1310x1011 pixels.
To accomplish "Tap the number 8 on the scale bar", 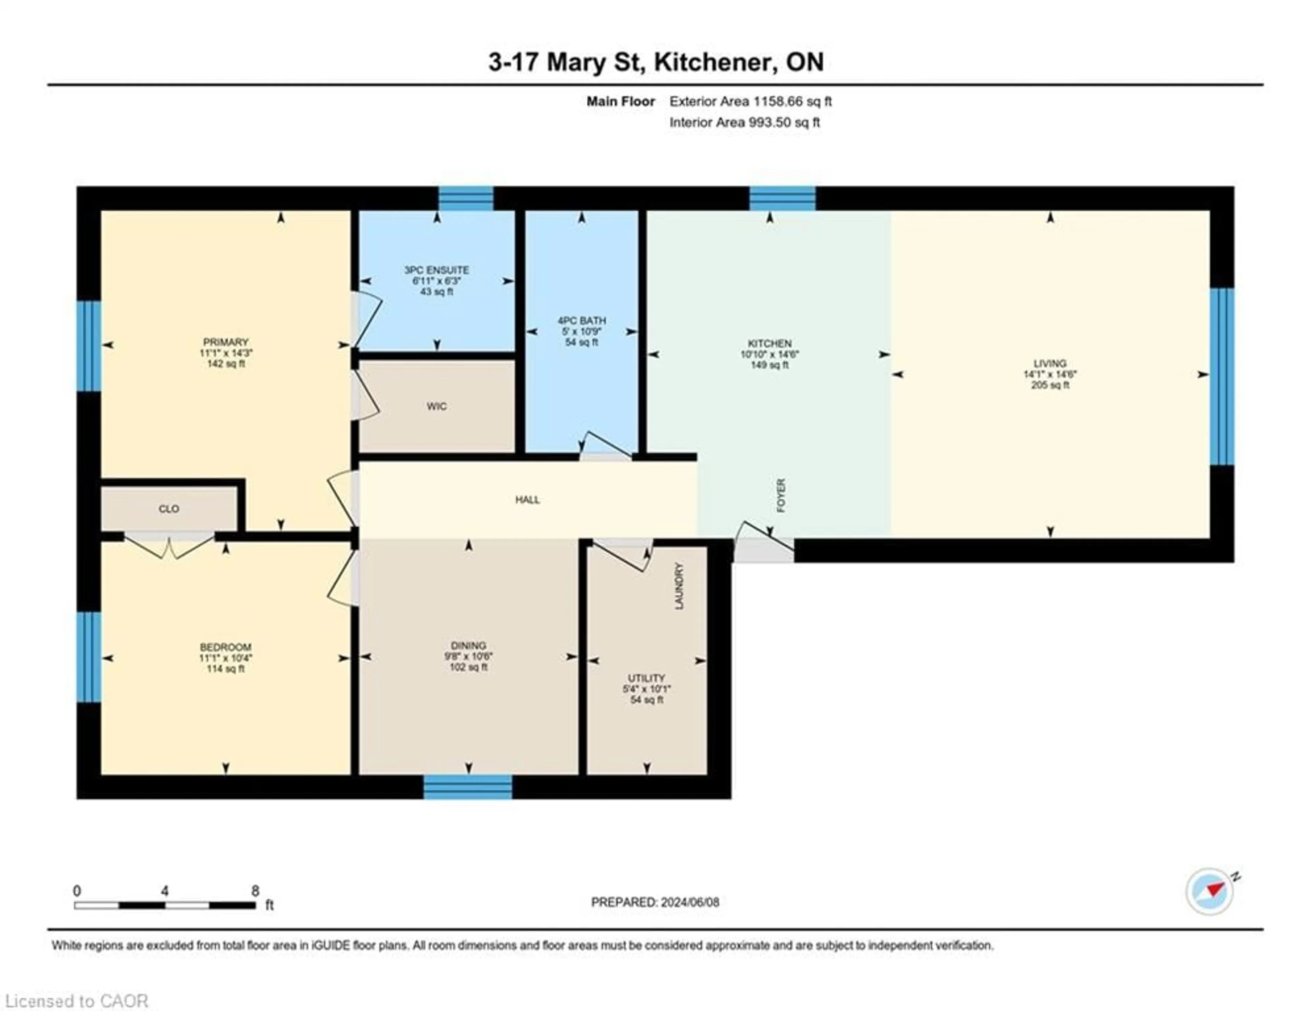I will pos(255,891).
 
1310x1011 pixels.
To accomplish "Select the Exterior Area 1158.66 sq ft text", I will pos(751,101).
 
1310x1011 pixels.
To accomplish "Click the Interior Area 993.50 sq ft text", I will pos(744,122).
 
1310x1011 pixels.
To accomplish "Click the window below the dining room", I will pos(468,787).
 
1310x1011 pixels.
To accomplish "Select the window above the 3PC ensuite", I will pos(466,199).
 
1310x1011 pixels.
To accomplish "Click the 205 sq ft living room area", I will pos(1050,385).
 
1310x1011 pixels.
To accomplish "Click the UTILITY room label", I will pos(646,678).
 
